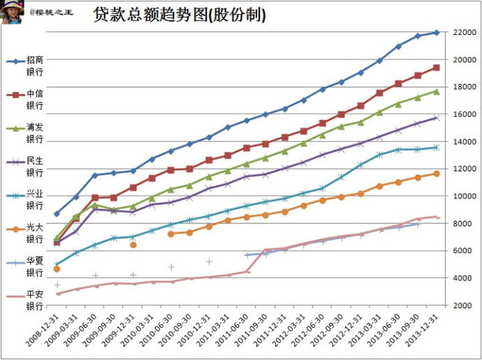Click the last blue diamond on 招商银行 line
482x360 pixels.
click(436, 32)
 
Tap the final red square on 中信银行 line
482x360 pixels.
click(436, 67)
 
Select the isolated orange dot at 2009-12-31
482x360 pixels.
click(133, 245)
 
